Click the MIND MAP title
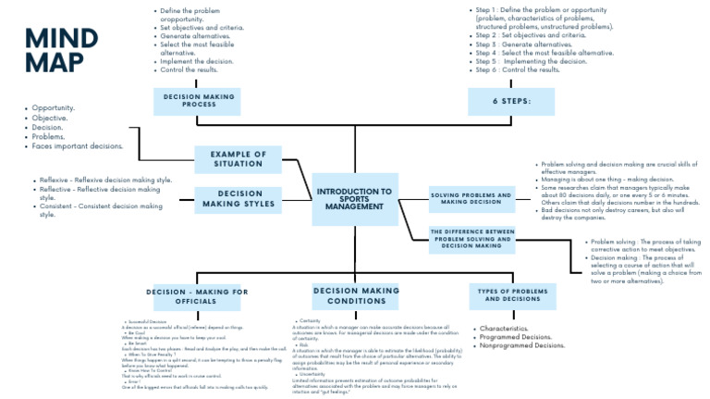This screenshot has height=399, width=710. tap(61, 50)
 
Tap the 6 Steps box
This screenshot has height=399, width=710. tap(510, 101)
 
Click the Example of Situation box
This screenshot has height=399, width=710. tap(238, 159)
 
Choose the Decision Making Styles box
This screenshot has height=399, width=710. tap(238, 199)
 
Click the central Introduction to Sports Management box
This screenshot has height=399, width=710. tap(354, 199)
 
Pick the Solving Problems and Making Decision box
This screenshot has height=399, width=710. tap(471, 196)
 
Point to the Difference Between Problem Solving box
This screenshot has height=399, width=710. tap(471, 238)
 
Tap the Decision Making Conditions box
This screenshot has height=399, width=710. tap(355, 295)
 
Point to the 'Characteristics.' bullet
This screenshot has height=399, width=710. tap(504, 329)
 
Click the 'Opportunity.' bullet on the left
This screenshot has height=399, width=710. tap(53, 108)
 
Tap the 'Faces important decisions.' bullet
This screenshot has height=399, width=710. tap(77, 146)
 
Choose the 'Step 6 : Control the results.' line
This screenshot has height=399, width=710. tap(518, 69)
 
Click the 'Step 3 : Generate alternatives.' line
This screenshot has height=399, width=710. tap(522, 44)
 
